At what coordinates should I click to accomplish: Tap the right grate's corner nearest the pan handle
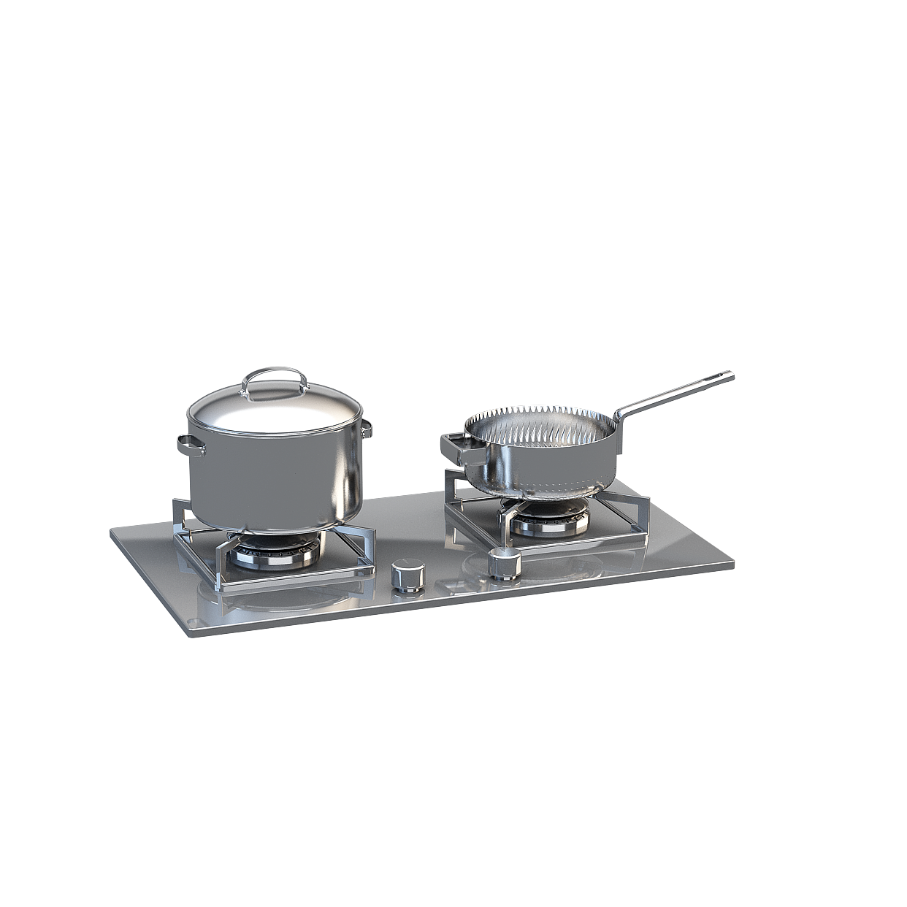tap(645, 500)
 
